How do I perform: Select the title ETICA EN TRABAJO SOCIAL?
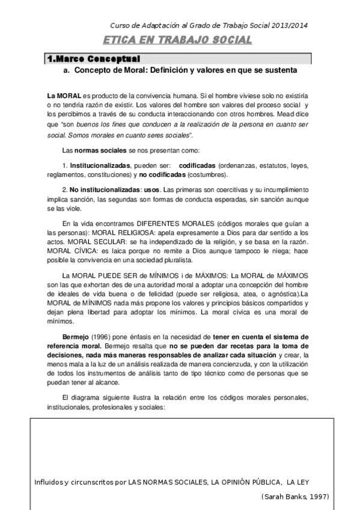[x=177, y=40]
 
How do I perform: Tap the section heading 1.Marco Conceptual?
[x=94, y=59]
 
